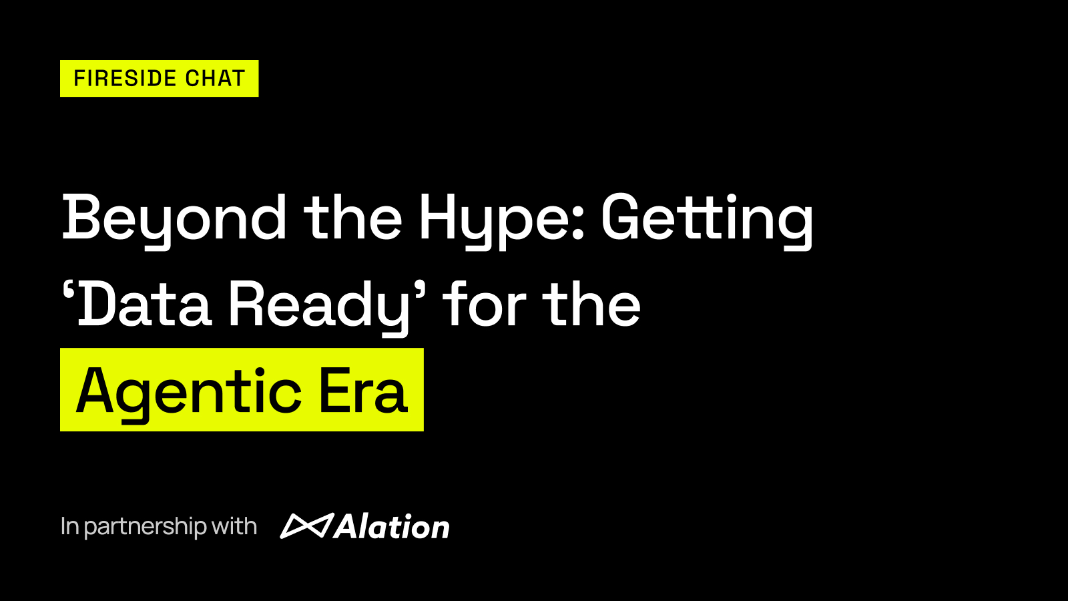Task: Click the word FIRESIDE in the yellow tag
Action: click(125, 78)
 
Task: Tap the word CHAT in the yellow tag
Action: click(215, 78)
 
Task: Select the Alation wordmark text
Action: click(391, 527)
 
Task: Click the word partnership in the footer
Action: click(146, 527)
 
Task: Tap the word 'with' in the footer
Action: click(234, 526)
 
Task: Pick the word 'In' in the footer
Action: click(69, 527)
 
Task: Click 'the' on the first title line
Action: click(354, 218)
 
